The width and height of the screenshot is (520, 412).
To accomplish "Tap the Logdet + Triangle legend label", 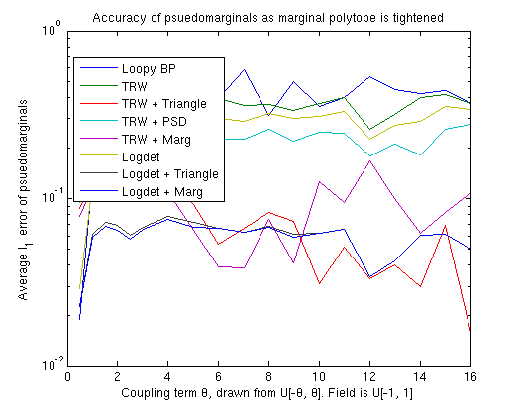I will point(169,173).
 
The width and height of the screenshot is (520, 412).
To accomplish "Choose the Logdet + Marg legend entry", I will point(162,190).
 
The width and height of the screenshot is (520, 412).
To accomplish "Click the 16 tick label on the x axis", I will point(469,377).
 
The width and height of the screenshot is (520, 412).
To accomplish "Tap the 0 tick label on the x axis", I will point(67,377).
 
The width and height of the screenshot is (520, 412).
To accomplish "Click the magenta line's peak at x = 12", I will point(369,160).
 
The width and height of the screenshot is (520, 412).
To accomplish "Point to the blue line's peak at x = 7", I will point(244,70).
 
